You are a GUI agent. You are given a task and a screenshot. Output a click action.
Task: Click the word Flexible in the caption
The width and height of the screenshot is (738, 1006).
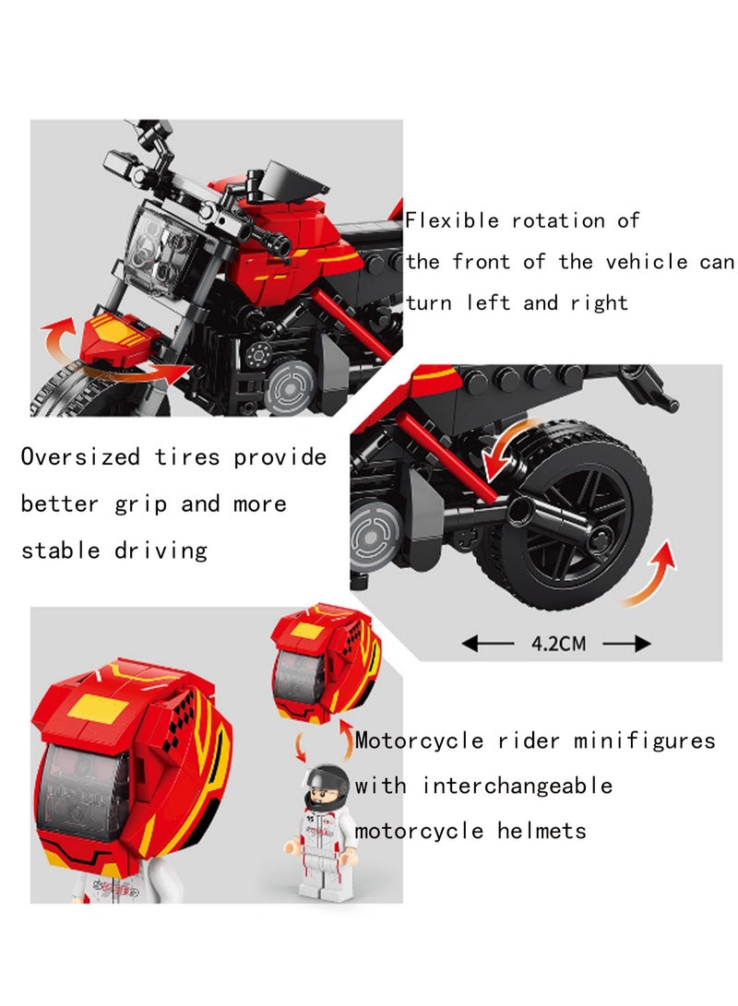coord(452,220)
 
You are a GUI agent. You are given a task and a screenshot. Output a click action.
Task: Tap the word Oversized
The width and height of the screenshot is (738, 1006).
coord(80,456)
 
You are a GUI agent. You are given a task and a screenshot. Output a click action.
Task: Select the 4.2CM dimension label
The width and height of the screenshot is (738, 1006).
coord(558,643)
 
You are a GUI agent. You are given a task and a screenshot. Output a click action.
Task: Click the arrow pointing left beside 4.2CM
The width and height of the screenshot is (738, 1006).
coord(488,643)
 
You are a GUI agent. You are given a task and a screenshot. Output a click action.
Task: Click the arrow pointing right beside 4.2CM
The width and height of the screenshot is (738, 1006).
coord(627,643)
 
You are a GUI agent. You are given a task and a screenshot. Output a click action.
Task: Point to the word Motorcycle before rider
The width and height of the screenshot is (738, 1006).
coord(419,741)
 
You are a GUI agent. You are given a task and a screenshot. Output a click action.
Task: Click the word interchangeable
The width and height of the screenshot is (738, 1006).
coord(518,786)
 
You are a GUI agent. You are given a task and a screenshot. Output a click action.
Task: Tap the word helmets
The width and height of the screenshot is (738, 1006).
coord(542,831)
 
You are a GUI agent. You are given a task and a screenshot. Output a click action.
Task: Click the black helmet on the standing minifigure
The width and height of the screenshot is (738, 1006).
coord(327,784)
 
